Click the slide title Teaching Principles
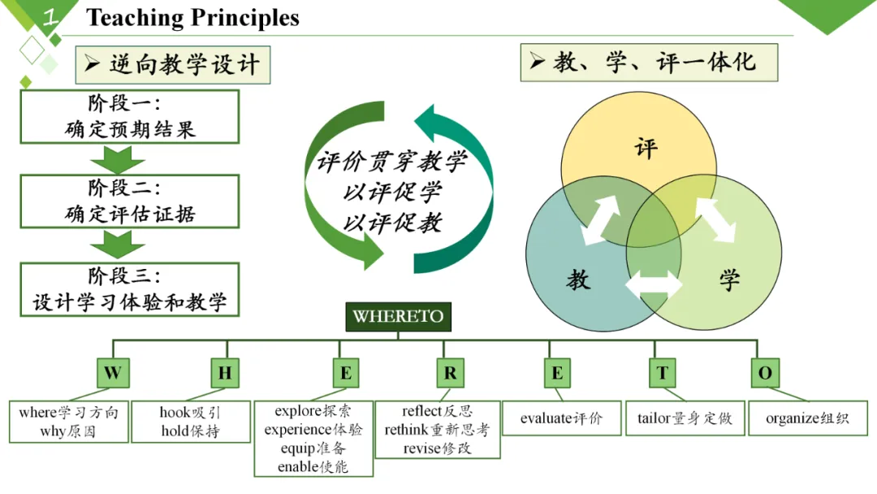click(192, 18)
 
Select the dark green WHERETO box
click(398, 317)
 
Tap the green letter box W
click(113, 373)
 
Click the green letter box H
click(225, 373)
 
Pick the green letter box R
click(450, 373)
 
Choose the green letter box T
click(663, 373)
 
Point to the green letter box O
click(765, 373)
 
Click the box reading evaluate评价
click(561, 418)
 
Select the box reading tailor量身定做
click(685, 418)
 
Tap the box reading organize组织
click(807, 418)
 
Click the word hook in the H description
click(175, 413)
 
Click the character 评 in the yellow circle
click(646, 149)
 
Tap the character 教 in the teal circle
click(578, 280)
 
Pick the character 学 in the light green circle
click(729, 280)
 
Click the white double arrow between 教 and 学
click(654, 285)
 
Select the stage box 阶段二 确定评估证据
click(130, 201)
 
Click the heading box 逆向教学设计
click(172, 64)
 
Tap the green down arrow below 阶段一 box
click(118, 159)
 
